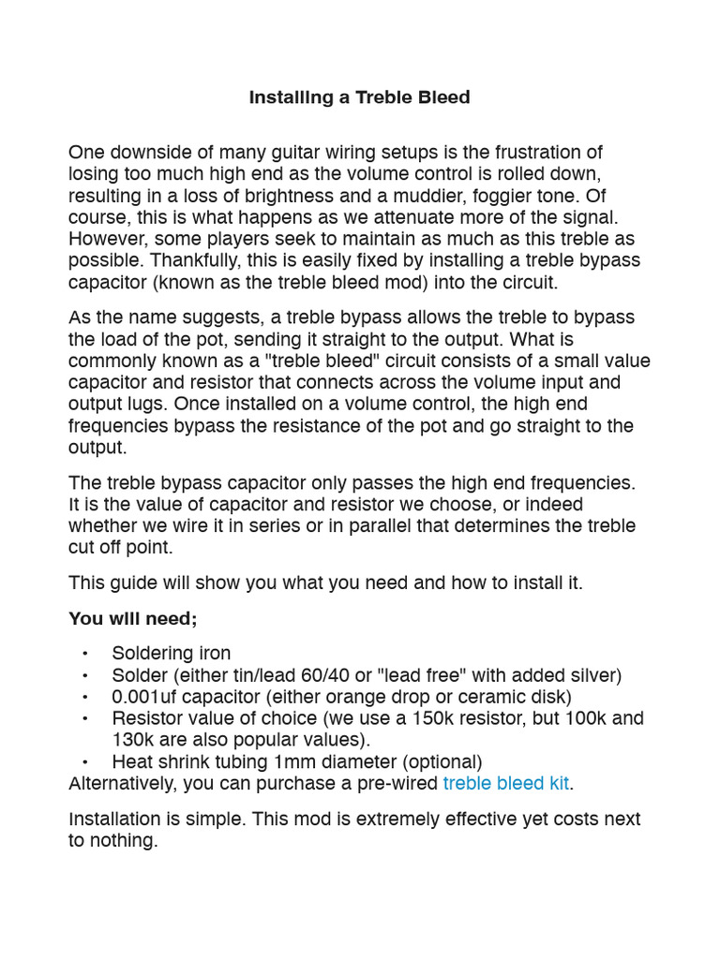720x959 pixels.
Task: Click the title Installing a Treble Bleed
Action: (359, 97)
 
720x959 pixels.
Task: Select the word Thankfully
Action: (195, 259)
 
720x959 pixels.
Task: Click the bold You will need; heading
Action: (133, 619)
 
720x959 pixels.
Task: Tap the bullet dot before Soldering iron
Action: (85, 654)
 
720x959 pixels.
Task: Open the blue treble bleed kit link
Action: (506, 783)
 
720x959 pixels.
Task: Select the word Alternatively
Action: (121, 783)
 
